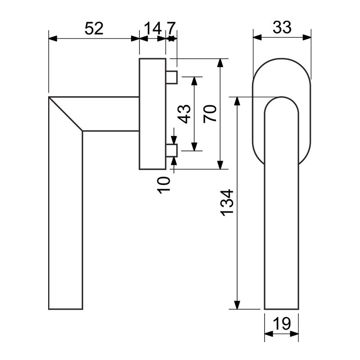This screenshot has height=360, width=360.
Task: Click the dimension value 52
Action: pos(94,28)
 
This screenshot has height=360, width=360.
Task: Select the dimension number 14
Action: pos(153,28)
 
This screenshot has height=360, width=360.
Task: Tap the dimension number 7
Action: pos(171,28)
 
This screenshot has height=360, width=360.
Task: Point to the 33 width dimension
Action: pos(282,27)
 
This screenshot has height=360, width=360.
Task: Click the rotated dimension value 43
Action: pos(184,114)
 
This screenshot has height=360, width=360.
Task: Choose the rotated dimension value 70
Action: pos(210,114)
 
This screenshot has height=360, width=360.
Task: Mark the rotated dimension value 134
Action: pos(227,203)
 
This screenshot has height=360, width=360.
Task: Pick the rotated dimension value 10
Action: pos(164,185)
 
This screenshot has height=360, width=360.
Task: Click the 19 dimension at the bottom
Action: pos(282,324)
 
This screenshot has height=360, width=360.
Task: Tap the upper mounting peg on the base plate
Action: pos(171,77)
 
